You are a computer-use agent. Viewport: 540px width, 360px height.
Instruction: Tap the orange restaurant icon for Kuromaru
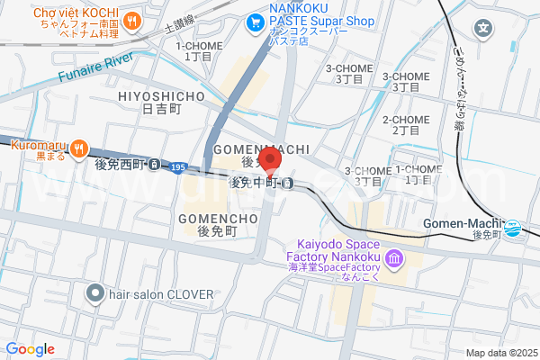(x=78, y=149)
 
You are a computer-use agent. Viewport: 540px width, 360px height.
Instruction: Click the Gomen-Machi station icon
(x=513, y=229)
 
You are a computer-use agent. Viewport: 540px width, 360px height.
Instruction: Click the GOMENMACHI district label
(x=261, y=148)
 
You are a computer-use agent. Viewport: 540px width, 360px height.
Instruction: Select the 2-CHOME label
(x=405, y=120)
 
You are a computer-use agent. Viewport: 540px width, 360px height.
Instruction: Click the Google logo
(x=30, y=349)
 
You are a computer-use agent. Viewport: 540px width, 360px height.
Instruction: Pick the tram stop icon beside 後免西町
(x=156, y=165)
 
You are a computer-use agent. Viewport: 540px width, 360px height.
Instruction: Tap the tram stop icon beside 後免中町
(x=286, y=184)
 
